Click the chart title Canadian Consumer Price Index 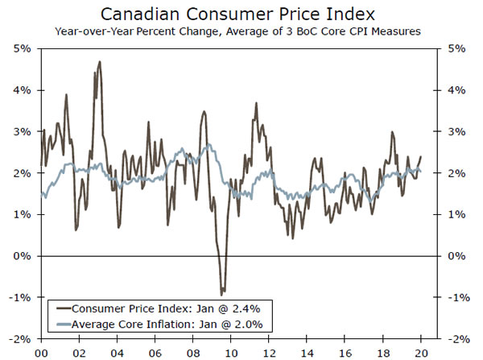click(241, 14)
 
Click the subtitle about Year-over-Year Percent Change click(241, 32)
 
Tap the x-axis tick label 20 click(421, 352)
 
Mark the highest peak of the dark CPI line click(99, 61)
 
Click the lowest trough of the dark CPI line click(222, 295)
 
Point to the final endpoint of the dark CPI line click(421, 156)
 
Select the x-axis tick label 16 click(345, 352)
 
